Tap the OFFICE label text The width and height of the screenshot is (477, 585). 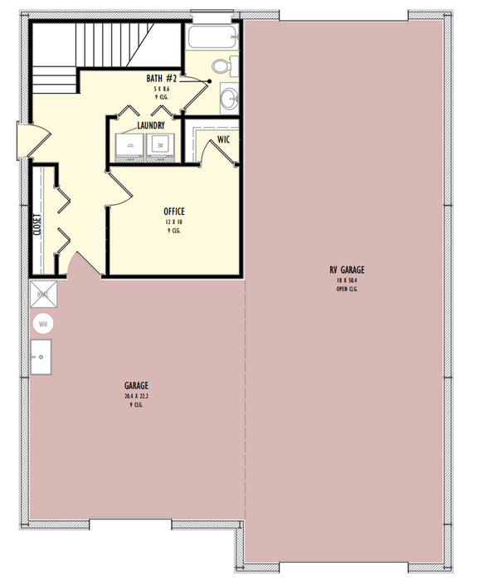coord(174,212)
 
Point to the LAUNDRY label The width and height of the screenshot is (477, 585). coord(151,126)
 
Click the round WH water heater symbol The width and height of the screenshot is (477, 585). coord(42,323)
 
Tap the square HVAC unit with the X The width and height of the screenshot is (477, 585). coord(42,295)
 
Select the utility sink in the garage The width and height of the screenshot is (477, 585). coord(41,359)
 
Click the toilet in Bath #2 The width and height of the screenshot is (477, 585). coord(221,67)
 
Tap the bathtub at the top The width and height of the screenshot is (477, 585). coord(212,37)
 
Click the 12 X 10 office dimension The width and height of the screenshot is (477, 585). coord(173,222)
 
